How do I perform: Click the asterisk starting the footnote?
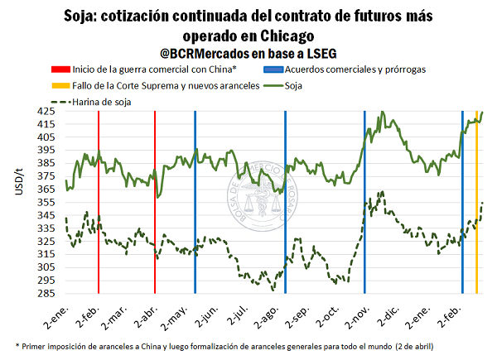coord(17,343)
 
